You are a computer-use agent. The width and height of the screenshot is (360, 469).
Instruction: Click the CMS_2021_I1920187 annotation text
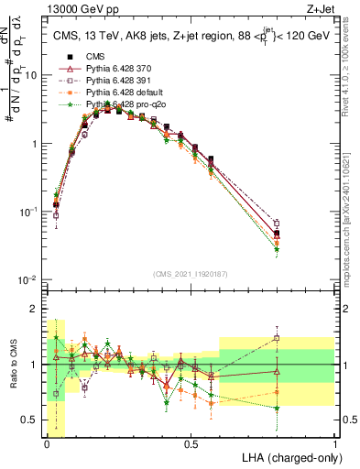coord(191,274)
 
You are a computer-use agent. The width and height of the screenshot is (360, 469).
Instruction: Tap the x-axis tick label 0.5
coord(191,443)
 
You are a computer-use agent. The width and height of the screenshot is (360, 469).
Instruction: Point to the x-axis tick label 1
coord(334,443)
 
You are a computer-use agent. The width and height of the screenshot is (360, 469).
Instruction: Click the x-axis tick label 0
coord(47,443)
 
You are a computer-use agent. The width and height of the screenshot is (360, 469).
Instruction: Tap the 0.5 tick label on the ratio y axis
coord(31,420)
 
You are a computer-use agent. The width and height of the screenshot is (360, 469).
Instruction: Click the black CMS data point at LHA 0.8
coord(277,234)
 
